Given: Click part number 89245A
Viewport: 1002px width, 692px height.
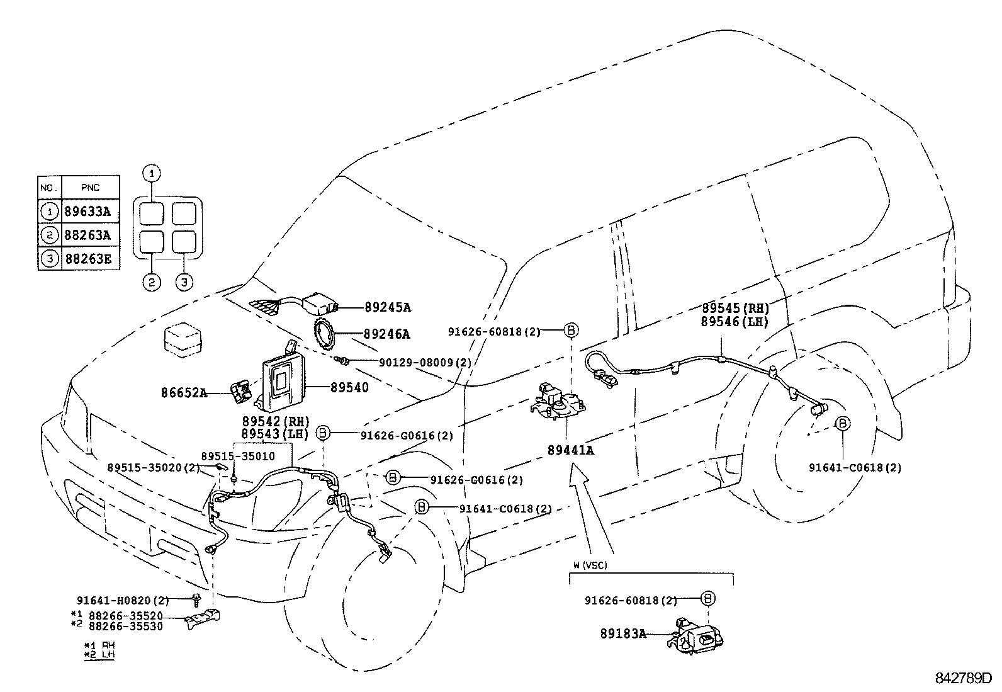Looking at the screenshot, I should point(387,307).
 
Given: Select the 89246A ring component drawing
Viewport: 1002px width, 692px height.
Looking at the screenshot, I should point(327,334).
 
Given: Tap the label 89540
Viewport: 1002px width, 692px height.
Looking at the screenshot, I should point(349,388).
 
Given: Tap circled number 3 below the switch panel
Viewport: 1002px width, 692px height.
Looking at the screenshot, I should point(184,282).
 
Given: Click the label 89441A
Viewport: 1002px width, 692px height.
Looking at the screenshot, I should point(570,450).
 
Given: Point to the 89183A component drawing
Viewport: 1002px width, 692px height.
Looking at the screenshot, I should point(695,635).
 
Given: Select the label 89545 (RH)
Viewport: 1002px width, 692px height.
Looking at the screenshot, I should point(736,309).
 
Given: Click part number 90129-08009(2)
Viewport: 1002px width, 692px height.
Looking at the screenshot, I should point(425,363).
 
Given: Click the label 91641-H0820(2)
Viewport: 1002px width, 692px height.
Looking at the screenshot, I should point(123,601).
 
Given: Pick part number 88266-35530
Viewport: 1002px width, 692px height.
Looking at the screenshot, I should point(125,626).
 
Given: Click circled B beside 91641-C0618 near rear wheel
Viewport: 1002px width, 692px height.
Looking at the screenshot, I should point(842,423).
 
